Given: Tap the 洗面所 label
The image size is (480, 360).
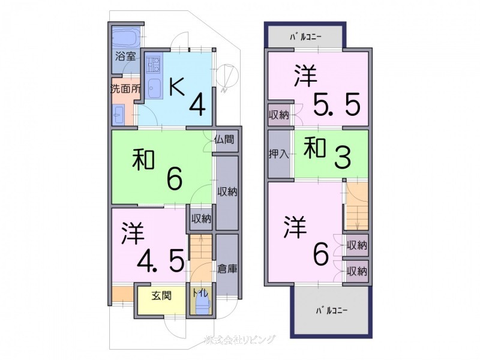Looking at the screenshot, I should pos(125,88).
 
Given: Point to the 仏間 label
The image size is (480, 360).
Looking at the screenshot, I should pos(227,140).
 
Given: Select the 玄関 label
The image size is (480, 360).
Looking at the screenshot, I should pos(160,295).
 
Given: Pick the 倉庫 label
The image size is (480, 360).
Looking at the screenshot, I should pos(227,269).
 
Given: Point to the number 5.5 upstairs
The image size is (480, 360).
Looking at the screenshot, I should pos(336,105).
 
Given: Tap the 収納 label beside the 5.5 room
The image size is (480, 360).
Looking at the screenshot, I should pos(279,115).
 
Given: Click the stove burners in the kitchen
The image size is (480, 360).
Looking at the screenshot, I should pos(153,64).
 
